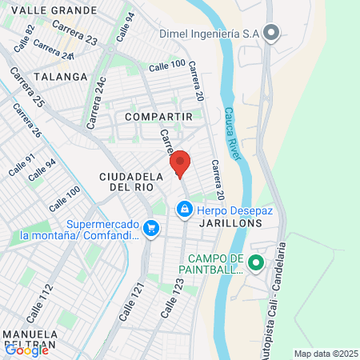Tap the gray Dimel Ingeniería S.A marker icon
pos(272,34)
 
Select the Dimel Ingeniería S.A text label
pos(208,34)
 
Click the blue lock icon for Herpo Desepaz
pos(185,210)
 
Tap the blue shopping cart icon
pos(150,230)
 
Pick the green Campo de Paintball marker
pos(255,262)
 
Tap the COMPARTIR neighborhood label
pos(159,117)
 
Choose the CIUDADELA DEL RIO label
pos(126,181)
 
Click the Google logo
pos(26,349)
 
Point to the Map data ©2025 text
pos(326,354)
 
